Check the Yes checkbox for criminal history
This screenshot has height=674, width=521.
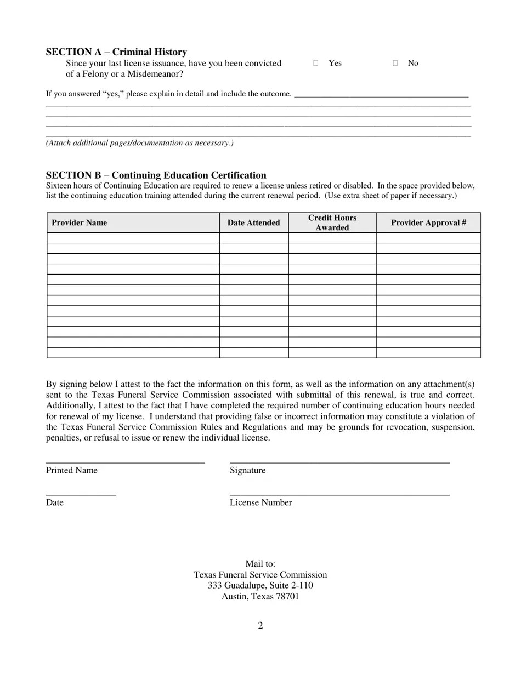point(316,64)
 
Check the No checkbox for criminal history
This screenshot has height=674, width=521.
point(395,64)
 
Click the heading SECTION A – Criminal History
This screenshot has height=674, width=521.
point(116,52)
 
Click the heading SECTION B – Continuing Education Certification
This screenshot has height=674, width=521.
point(156,175)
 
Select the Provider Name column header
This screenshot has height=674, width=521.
point(79,222)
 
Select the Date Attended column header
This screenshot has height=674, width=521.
point(253,222)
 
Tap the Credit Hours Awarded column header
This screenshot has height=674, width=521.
point(332,222)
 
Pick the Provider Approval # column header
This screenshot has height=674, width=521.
point(428,222)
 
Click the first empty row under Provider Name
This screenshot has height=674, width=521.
point(133,238)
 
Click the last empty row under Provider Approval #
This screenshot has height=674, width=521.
point(428,352)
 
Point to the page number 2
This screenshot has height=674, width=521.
point(260,626)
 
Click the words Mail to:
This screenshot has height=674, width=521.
point(260,564)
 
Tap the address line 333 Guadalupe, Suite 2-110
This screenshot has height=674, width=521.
point(260,585)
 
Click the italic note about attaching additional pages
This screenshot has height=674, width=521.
point(139,143)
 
